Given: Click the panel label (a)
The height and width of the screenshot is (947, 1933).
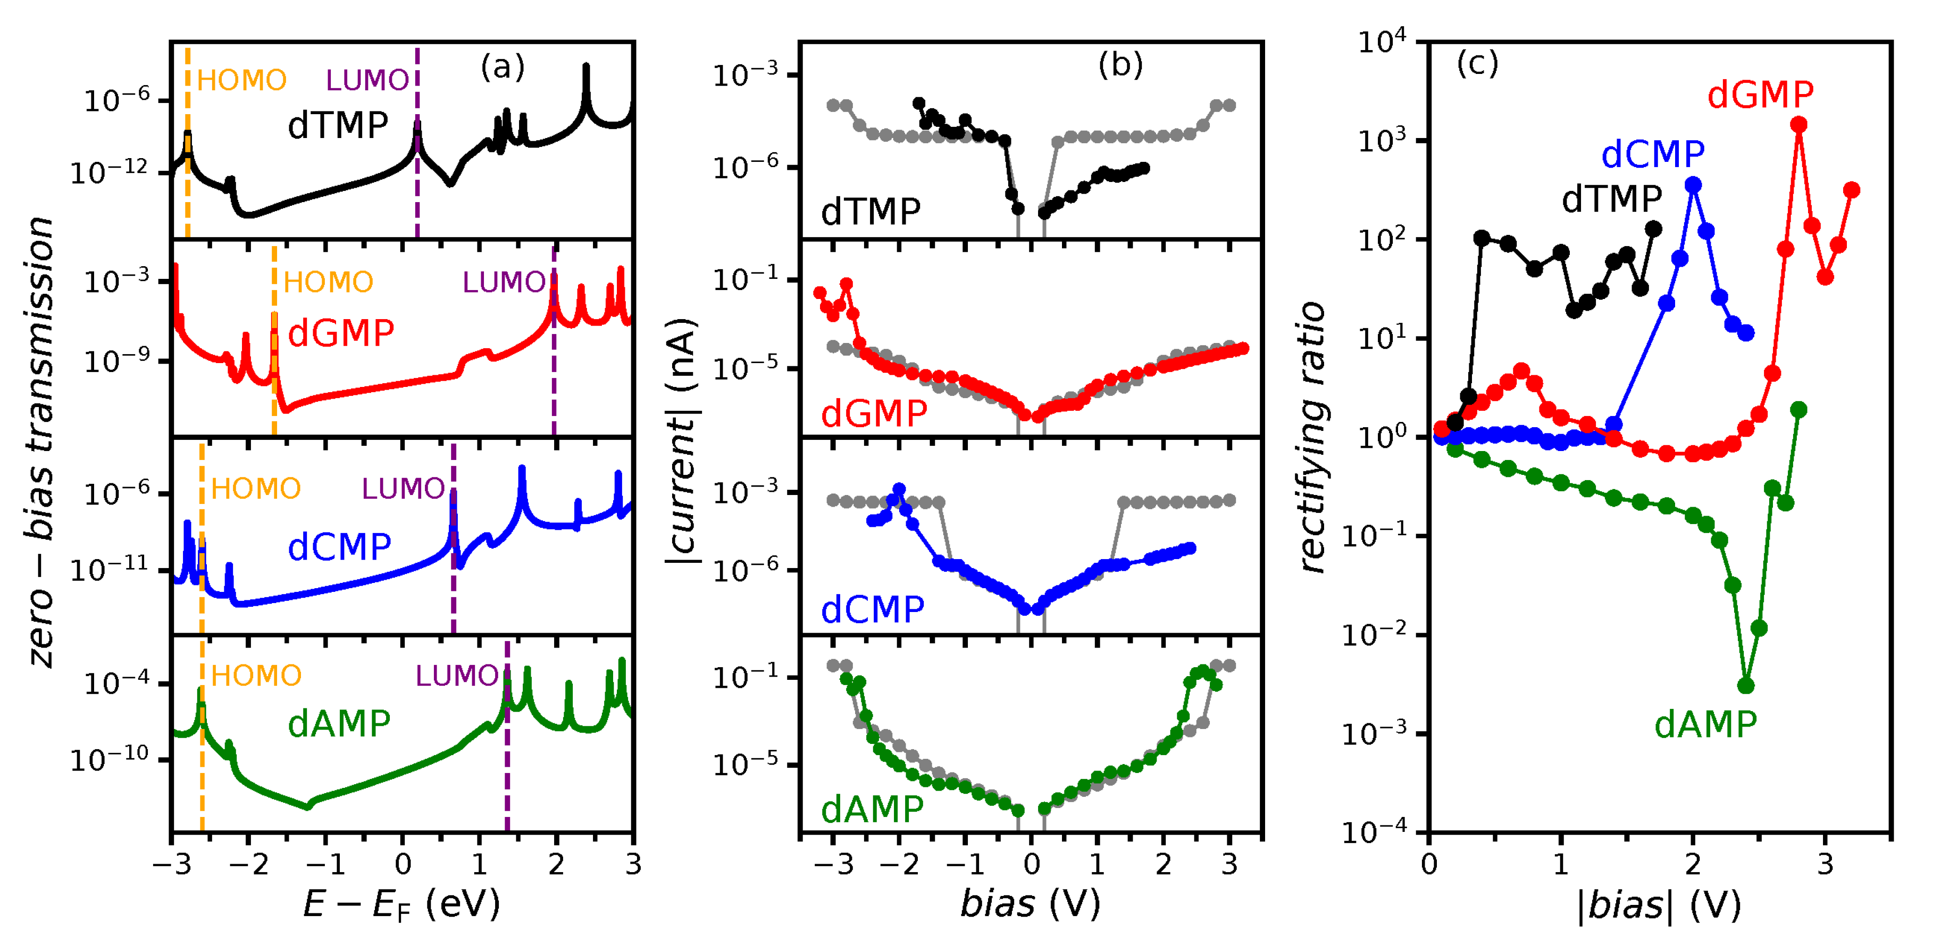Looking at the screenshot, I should pos(502,67).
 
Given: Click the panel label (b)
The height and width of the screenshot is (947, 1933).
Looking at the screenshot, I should pos(1120,66).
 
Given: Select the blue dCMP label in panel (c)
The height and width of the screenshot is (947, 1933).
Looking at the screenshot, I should pos(1652,154).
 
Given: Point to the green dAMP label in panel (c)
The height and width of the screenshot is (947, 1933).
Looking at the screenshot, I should pos(1705,725).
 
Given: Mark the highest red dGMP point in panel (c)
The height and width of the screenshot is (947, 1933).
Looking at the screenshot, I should pos(1799,124).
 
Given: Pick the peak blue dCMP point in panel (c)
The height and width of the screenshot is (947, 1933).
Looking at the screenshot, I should pos(1693,185).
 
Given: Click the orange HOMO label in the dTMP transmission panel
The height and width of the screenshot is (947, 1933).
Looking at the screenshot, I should pos(242,80).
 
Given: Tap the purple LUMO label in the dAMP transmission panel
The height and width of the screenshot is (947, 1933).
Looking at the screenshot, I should pos(456,676).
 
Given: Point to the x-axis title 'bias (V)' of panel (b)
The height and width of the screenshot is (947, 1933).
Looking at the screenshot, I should pos(1030,903).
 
